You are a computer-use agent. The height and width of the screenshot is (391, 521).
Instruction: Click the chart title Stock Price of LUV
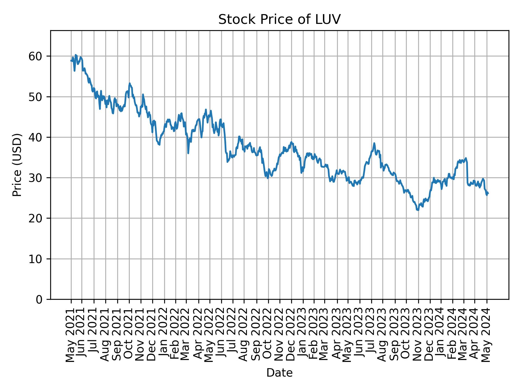(x=279, y=20)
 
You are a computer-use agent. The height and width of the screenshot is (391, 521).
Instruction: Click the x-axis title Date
(x=279, y=373)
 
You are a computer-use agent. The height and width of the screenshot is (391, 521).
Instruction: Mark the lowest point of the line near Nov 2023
(x=418, y=210)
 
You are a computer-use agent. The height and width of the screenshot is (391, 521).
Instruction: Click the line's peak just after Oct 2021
(x=130, y=83)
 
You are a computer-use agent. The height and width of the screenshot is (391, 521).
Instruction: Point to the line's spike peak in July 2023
(x=374, y=143)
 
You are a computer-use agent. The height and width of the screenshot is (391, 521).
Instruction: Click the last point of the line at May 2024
(x=488, y=193)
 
